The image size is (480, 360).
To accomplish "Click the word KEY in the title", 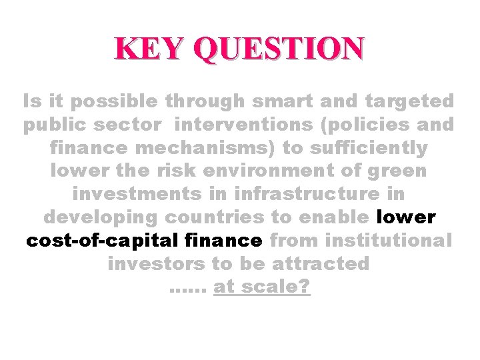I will pyautogui.click(x=145, y=49).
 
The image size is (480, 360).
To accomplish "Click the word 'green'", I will pyautogui.click(x=396, y=171).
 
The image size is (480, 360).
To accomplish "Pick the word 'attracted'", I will pyautogui.click(x=321, y=264).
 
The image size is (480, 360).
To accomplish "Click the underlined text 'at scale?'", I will pyautogui.click(x=262, y=287).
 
